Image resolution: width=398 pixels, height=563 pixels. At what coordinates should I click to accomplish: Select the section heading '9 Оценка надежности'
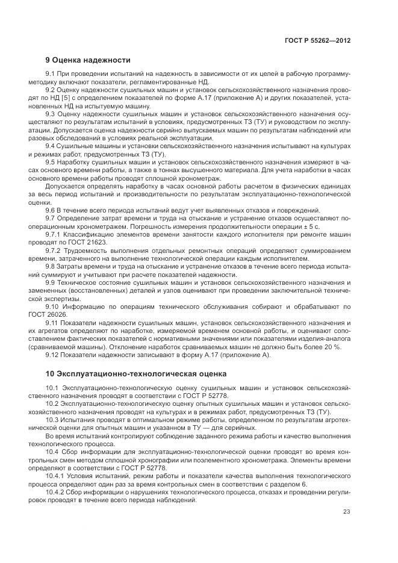pos(88,60)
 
